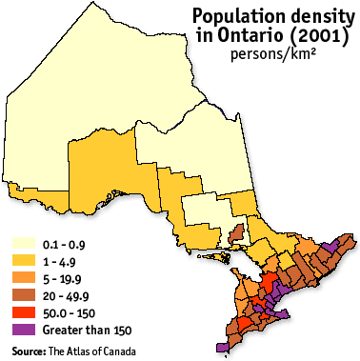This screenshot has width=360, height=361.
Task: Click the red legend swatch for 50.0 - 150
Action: click(x=22, y=312)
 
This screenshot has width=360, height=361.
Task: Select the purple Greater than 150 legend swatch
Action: click(x=22, y=330)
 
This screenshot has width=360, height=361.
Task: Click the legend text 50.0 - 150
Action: click(x=66, y=312)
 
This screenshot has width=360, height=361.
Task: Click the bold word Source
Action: click(x=28, y=351)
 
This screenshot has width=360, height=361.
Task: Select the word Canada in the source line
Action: click(x=116, y=351)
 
